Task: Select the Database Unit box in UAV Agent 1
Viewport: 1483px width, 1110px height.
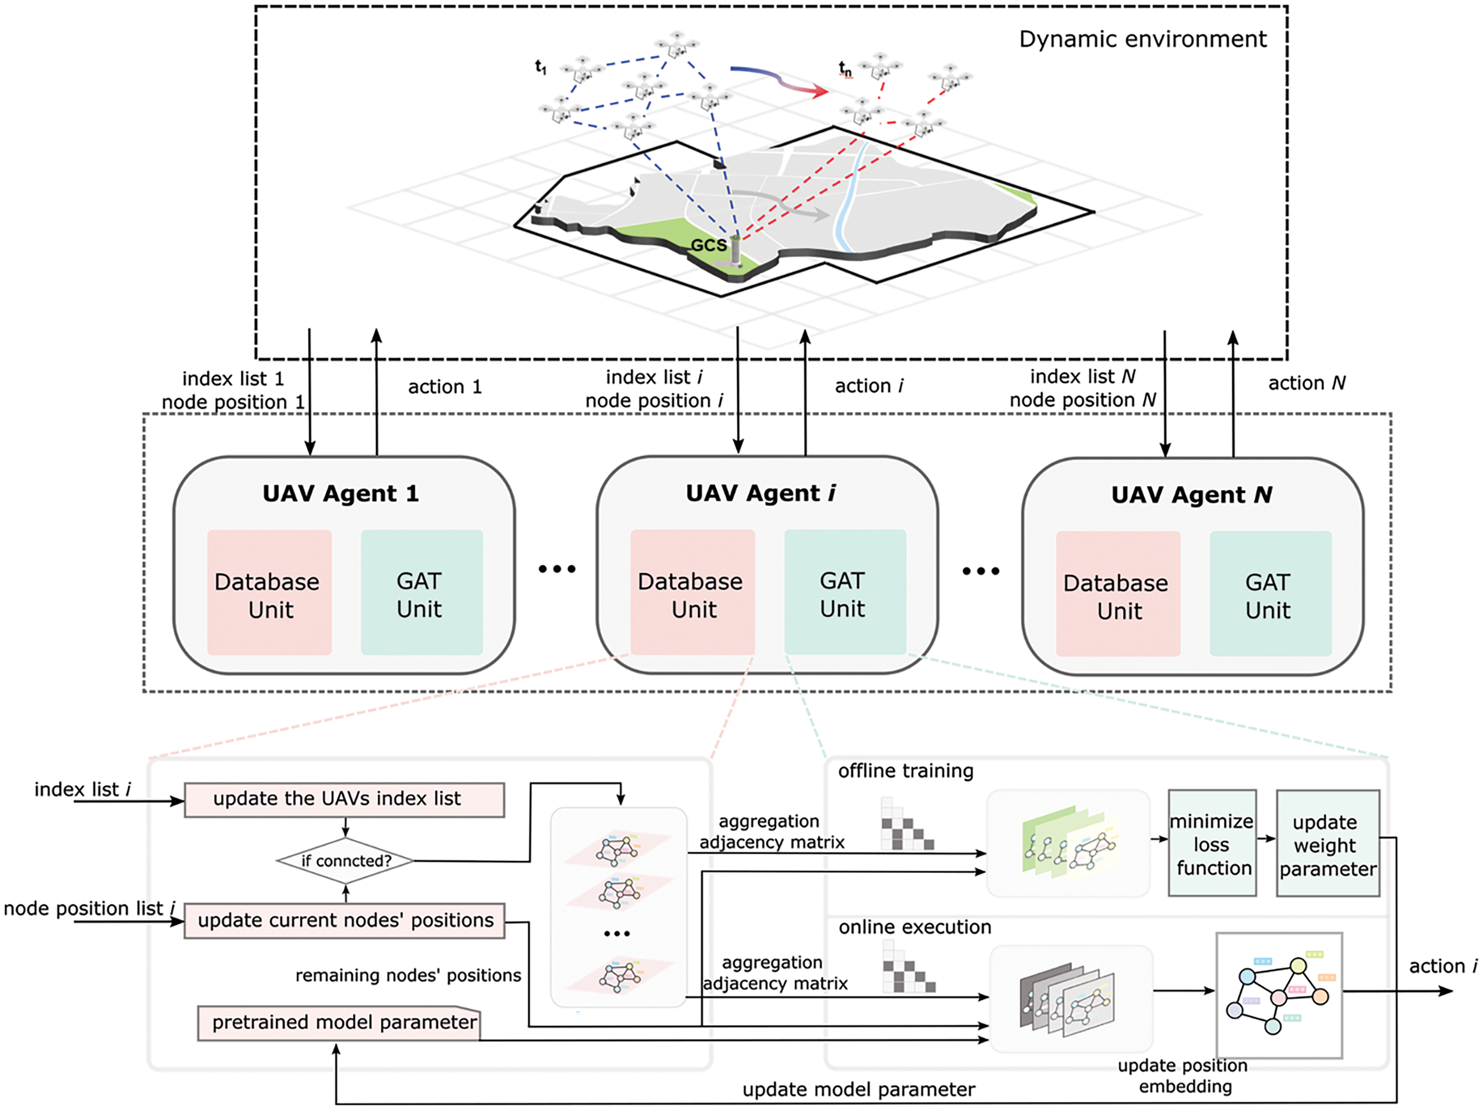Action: coord(269,592)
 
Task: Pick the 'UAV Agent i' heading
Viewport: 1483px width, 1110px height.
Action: coord(760,493)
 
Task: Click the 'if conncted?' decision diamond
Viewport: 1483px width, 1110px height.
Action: coord(345,861)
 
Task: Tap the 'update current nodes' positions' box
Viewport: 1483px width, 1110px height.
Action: coord(344,920)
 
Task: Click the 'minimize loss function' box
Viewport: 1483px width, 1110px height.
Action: coord(1211,843)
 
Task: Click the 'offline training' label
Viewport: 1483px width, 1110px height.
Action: coord(905,771)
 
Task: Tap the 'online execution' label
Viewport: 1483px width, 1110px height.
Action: coord(914,927)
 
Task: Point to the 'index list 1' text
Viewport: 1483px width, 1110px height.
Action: coord(233,379)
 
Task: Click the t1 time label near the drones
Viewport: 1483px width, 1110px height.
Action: coord(541,67)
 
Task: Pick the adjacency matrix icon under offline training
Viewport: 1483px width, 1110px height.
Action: coord(907,824)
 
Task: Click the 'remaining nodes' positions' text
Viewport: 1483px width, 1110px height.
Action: coord(407,975)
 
